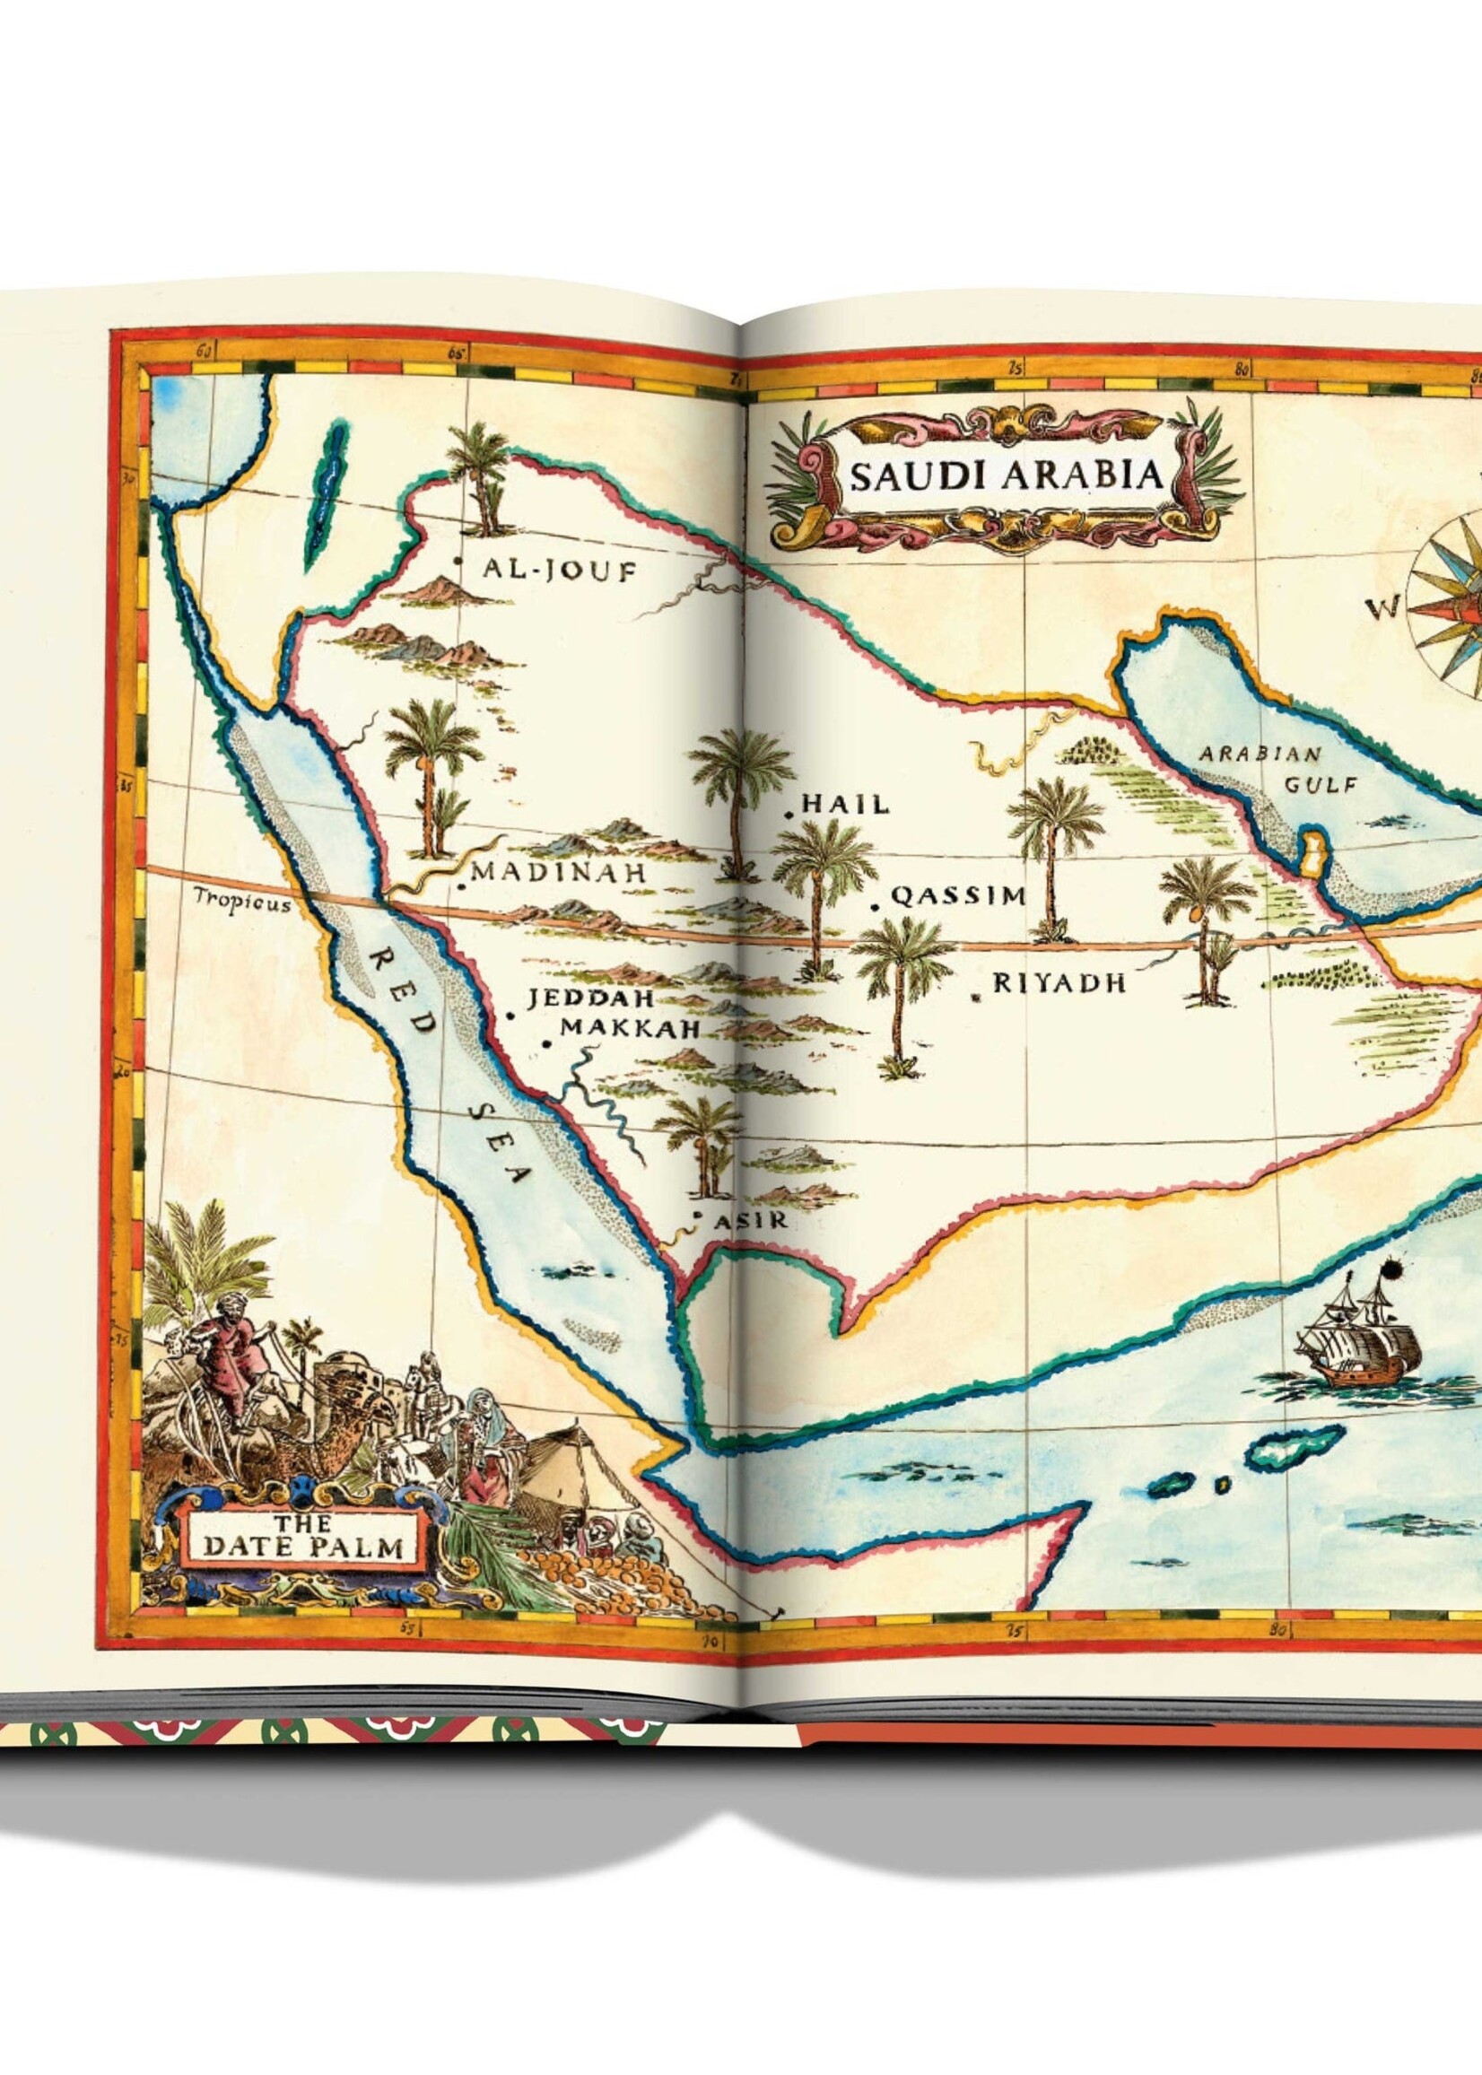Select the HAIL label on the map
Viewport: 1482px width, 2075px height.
(x=844, y=804)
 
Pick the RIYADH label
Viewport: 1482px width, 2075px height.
(x=1059, y=982)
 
